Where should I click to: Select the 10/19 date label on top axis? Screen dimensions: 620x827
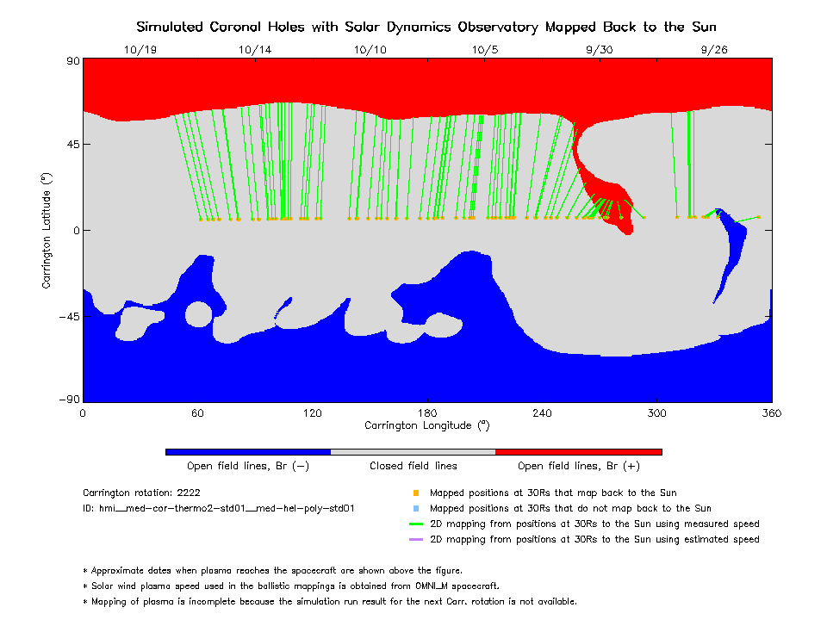pos(140,50)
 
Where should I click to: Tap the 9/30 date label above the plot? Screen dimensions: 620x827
pos(599,50)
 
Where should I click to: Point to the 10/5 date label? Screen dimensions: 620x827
pos(485,50)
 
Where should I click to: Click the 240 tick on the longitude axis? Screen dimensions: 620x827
pos(542,413)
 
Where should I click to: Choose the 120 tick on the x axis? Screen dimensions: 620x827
pos(312,413)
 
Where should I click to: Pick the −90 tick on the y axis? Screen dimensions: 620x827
pos(69,400)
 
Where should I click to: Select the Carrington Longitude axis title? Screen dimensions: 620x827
pos(426,425)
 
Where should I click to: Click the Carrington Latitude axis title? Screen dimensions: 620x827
pos(47,230)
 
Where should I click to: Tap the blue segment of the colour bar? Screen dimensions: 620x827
pos(248,451)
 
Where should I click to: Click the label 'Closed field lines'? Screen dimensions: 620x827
pos(413,466)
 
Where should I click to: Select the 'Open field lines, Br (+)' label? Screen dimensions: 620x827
pos(579,466)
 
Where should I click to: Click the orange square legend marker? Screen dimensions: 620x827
pos(416,493)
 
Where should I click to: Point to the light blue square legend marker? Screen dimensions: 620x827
pos(416,509)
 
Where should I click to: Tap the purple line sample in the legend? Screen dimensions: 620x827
pos(416,540)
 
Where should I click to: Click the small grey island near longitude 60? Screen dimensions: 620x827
pos(198,313)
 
